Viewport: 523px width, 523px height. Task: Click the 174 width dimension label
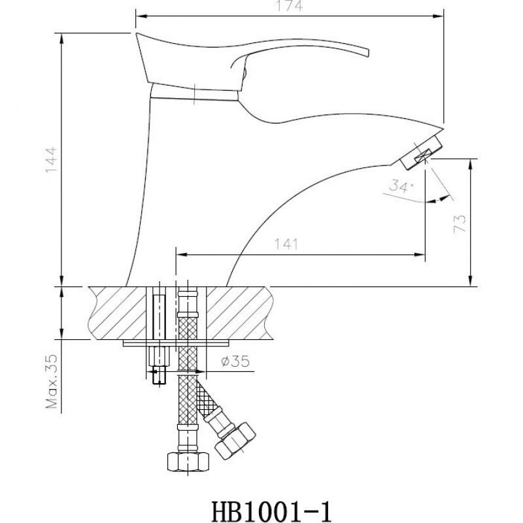pyautogui.click(x=290, y=6)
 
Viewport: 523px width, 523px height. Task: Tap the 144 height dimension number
pyautogui.click(x=52, y=160)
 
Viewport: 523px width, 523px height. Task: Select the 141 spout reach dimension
pyautogui.click(x=286, y=244)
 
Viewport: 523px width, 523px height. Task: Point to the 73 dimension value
pyautogui.click(x=460, y=224)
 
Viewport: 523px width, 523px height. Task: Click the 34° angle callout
pyautogui.click(x=401, y=186)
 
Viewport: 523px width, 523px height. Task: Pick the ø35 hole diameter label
pyautogui.click(x=235, y=361)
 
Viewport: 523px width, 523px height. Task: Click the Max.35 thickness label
pyautogui.click(x=52, y=381)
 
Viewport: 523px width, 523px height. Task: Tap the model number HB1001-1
pyautogui.click(x=271, y=512)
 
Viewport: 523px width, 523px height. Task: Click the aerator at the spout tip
pyautogui.click(x=422, y=153)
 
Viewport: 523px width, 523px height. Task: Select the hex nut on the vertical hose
pyautogui.click(x=188, y=462)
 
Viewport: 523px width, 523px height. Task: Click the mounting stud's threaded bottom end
pyautogui.click(x=159, y=375)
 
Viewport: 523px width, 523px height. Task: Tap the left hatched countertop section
pyautogui.click(x=118, y=313)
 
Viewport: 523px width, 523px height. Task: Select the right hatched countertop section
pyautogui.click(x=239, y=313)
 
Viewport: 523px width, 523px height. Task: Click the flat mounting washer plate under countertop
pyautogui.click(x=176, y=343)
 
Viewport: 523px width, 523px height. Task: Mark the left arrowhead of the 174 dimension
pyautogui.click(x=140, y=16)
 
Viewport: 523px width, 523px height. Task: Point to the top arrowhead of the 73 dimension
pyautogui.click(x=470, y=164)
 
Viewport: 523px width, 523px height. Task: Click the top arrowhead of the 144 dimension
pyautogui.click(x=61, y=39)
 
